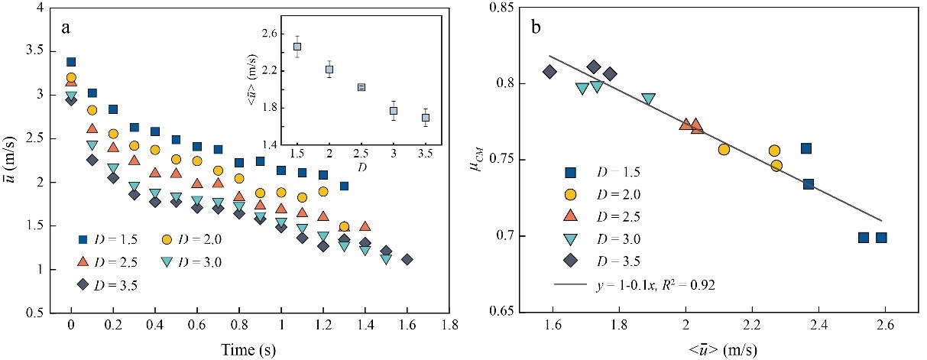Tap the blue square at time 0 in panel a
click(71, 62)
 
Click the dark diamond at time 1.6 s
click(407, 259)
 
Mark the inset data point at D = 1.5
click(297, 47)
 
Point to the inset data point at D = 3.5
click(426, 118)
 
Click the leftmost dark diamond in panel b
click(549, 72)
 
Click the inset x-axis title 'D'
click(361, 167)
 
